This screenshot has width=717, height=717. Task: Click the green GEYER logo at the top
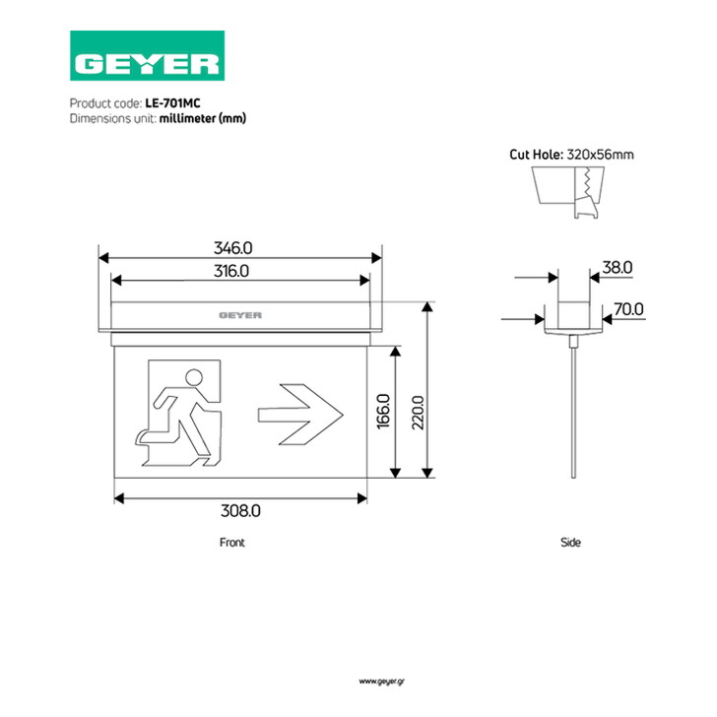[x=148, y=56]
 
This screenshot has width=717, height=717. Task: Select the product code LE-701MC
[x=173, y=103]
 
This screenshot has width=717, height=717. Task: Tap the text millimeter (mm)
[x=203, y=118]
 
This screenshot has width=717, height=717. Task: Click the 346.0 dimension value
[x=233, y=248]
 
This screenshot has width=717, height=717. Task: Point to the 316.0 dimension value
[x=231, y=271]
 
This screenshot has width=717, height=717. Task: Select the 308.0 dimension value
[x=240, y=510]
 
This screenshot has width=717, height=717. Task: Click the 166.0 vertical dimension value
[x=384, y=411]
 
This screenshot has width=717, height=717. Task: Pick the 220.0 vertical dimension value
[x=418, y=413]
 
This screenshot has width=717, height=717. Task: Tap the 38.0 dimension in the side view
[x=618, y=267]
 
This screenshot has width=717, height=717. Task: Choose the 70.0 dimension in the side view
[x=628, y=309]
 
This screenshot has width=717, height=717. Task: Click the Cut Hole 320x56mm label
[x=571, y=155]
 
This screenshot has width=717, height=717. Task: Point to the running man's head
[x=194, y=377]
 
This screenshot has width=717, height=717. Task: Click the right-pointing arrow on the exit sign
[x=300, y=415]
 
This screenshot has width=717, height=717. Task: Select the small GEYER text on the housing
[x=240, y=315]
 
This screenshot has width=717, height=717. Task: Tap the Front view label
[x=232, y=543]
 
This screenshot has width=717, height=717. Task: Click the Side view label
[x=570, y=543]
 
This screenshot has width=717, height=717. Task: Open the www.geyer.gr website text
[x=382, y=682]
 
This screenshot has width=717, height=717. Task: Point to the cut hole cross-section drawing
[x=568, y=192]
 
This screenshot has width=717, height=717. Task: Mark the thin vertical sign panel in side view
[x=573, y=413]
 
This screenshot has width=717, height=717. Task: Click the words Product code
[x=105, y=103]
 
